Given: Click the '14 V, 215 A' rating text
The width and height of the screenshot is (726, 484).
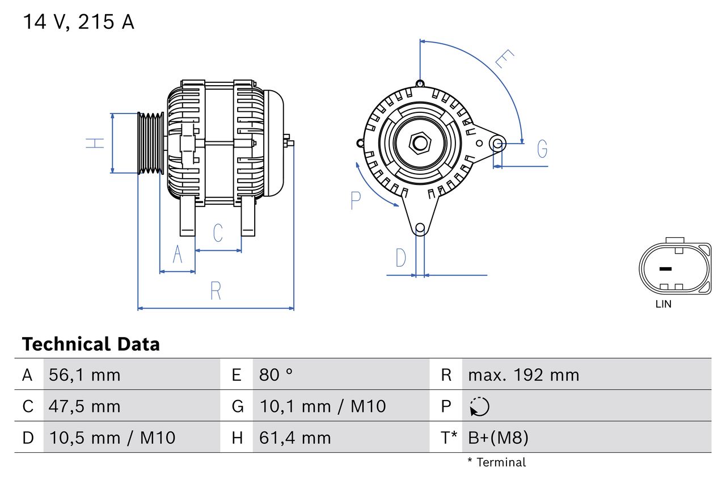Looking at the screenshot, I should pyautogui.click(x=78, y=22).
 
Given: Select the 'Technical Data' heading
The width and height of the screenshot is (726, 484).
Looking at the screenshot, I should pyautogui.click(x=91, y=344).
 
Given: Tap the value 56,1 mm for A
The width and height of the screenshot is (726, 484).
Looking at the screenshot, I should pyautogui.click(x=85, y=375).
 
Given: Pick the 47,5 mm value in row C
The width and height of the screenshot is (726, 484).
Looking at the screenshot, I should pyautogui.click(x=85, y=406).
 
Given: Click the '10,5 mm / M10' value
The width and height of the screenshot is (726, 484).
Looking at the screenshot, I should pyautogui.click(x=112, y=437).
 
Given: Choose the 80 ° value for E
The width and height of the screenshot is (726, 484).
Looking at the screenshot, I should pyautogui.click(x=276, y=375).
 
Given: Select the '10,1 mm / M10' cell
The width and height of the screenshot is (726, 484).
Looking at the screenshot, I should pyautogui.click(x=322, y=406).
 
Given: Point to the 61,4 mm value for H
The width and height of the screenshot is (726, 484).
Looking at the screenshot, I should pyautogui.click(x=294, y=437).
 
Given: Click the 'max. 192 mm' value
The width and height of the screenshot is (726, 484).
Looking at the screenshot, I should pyautogui.click(x=524, y=375).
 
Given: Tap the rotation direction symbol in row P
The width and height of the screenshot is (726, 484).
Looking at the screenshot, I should pyautogui.click(x=479, y=406).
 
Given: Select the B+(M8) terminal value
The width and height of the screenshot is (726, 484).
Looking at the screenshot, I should pyautogui.click(x=498, y=437).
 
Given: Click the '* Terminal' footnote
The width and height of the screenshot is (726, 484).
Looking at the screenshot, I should pyautogui.click(x=496, y=462).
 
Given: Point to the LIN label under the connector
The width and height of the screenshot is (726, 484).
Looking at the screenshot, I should pyautogui.click(x=663, y=304).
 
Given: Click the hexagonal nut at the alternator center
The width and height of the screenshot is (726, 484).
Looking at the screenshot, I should pyautogui.click(x=420, y=143).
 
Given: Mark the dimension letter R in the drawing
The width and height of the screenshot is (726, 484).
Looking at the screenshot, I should pyautogui.click(x=216, y=291).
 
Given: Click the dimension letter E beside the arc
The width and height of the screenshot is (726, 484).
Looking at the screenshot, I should pyautogui.click(x=504, y=59).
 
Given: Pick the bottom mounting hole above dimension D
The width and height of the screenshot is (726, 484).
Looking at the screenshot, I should pyautogui.click(x=420, y=228).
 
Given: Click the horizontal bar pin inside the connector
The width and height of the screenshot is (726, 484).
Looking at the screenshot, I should pyautogui.click(x=665, y=268).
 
